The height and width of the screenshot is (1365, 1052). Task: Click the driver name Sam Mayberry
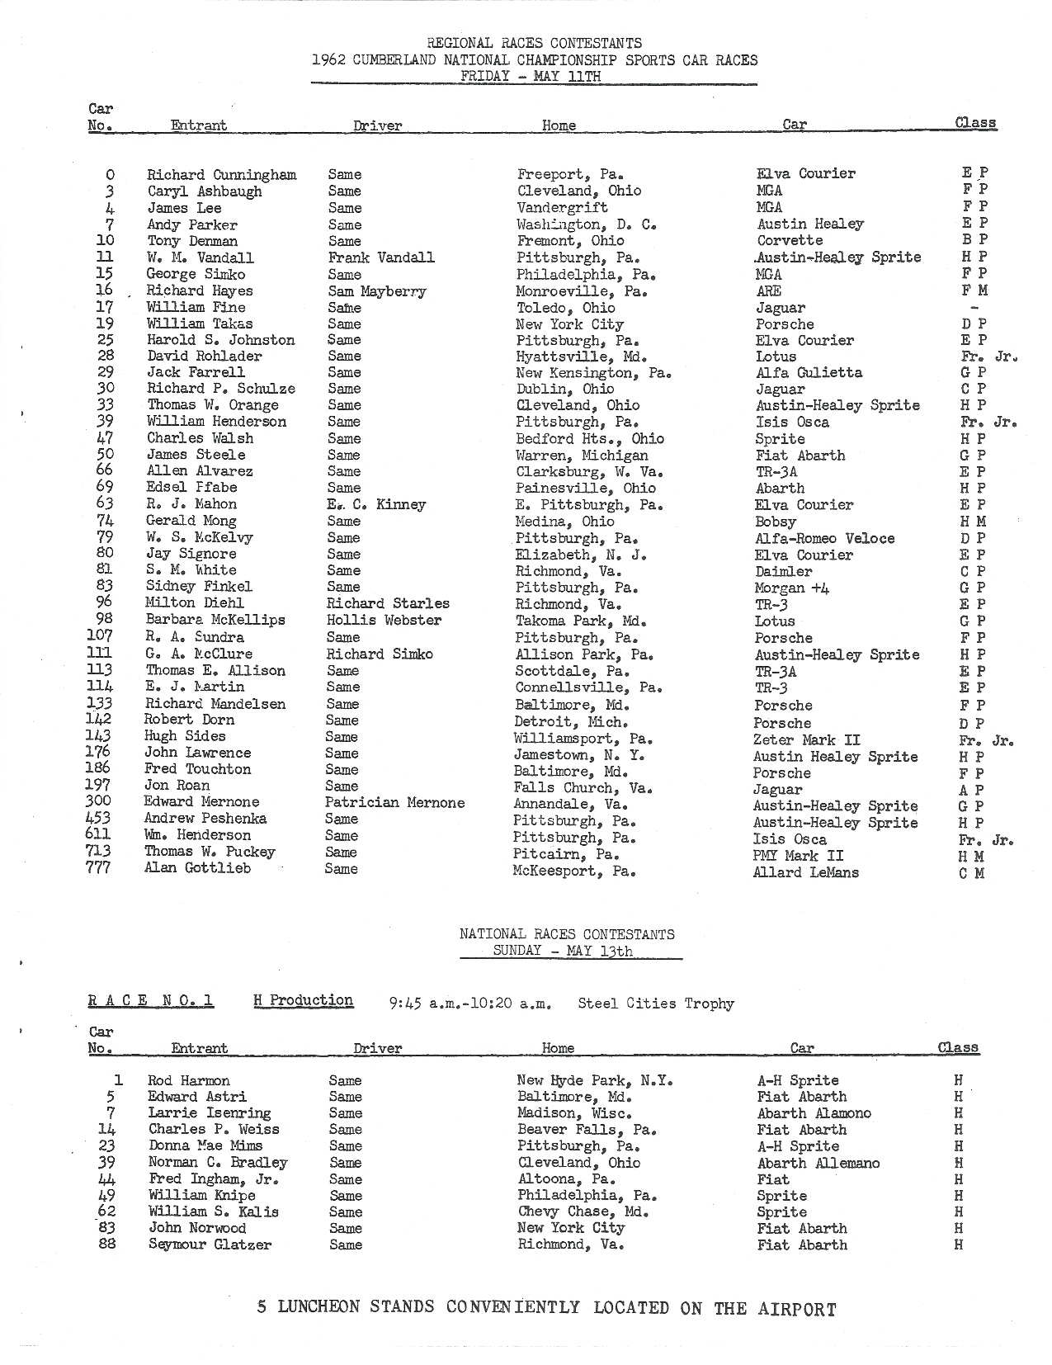[x=377, y=290]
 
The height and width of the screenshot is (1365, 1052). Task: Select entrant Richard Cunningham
[x=221, y=174]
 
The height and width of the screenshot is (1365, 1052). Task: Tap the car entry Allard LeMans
[x=805, y=872]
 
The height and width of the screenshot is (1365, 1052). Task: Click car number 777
[x=98, y=867]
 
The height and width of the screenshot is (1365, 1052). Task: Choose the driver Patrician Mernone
[x=394, y=802]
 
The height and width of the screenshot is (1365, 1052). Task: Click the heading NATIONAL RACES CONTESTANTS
[x=567, y=934]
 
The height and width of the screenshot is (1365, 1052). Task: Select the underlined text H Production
[x=304, y=1000]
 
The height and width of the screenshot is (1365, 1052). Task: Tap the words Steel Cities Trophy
[x=655, y=1004]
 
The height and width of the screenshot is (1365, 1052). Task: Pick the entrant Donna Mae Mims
[x=205, y=1145]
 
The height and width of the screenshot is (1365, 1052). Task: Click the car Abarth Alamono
[x=814, y=1112]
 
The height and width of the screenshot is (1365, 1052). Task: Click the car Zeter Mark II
[x=806, y=739]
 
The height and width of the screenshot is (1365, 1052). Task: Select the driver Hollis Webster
[x=384, y=620]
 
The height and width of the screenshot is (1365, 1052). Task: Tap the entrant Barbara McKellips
[x=215, y=620]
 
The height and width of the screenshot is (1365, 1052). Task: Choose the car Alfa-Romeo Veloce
[x=824, y=538]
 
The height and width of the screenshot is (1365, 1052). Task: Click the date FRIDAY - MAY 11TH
[x=531, y=76]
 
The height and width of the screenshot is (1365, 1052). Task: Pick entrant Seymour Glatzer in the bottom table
[x=210, y=1245]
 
